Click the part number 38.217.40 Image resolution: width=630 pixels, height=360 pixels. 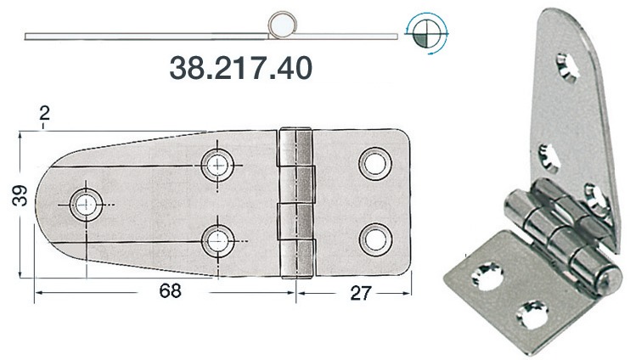[x=241, y=66]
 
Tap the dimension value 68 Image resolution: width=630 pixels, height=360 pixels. [x=170, y=292]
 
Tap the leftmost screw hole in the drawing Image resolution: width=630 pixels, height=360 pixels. [x=86, y=203]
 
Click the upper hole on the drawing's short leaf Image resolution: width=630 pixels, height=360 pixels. [x=374, y=164]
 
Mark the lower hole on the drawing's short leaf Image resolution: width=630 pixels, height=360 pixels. [x=374, y=239]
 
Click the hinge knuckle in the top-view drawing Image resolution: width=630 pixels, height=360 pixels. [x=296, y=202]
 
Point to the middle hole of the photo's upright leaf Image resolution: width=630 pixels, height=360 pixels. [x=548, y=155]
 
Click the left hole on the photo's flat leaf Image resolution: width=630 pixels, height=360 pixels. [x=491, y=274]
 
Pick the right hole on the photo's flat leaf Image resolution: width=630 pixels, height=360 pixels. [x=532, y=312]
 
